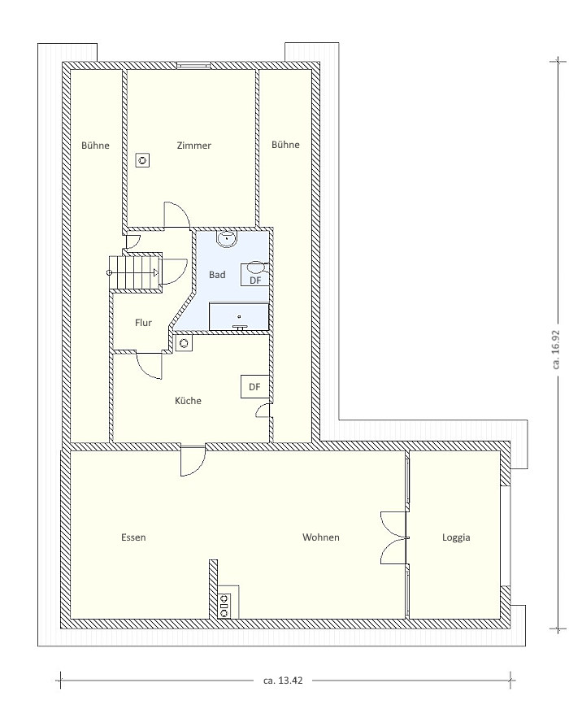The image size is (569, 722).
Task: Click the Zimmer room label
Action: (x=193, y=146)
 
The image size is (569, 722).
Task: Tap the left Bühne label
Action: (x=95, y=146)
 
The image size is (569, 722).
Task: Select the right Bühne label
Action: (x=285, y=145)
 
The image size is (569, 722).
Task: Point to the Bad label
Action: (x=217, y=275)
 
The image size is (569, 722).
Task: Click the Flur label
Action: (x=143, y=323)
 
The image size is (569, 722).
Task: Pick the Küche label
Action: (x=188, y=401)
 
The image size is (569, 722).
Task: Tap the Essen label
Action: (x=133, y=537)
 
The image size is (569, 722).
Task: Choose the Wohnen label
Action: (x=321, y=537)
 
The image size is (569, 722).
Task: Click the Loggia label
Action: (x=456, y=537)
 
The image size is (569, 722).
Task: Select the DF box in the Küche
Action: (x=254, y=387)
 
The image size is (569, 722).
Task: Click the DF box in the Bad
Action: (x=255, y=275)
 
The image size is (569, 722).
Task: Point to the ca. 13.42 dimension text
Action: (x=283, y=680)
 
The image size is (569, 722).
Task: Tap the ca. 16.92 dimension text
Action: (x=556, y=349)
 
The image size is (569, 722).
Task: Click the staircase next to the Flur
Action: (x=136, y=272)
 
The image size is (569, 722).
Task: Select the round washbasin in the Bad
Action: (x=227, y=238)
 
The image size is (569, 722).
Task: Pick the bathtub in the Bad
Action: (x=239, y=316)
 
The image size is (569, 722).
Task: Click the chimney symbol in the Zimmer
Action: (x=143, y=160)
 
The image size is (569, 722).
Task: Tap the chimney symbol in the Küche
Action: (x=185, y=343)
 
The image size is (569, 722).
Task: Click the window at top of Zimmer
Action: (x=193, y=65)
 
